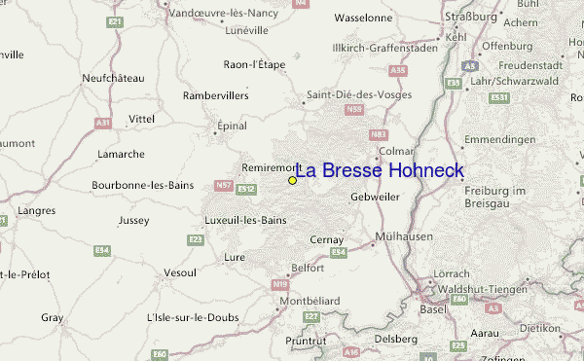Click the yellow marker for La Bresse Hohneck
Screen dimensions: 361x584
[x=292, y=180]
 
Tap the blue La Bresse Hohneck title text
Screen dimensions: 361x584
[x=380, y=171]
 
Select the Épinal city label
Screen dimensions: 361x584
[x=230, y=126]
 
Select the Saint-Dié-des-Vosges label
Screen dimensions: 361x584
[x=359, y=94]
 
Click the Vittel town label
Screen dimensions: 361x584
[x=141, y=119]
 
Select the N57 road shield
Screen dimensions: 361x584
[x=224, y=186]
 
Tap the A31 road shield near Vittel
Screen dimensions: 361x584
[x=104, y=122]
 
